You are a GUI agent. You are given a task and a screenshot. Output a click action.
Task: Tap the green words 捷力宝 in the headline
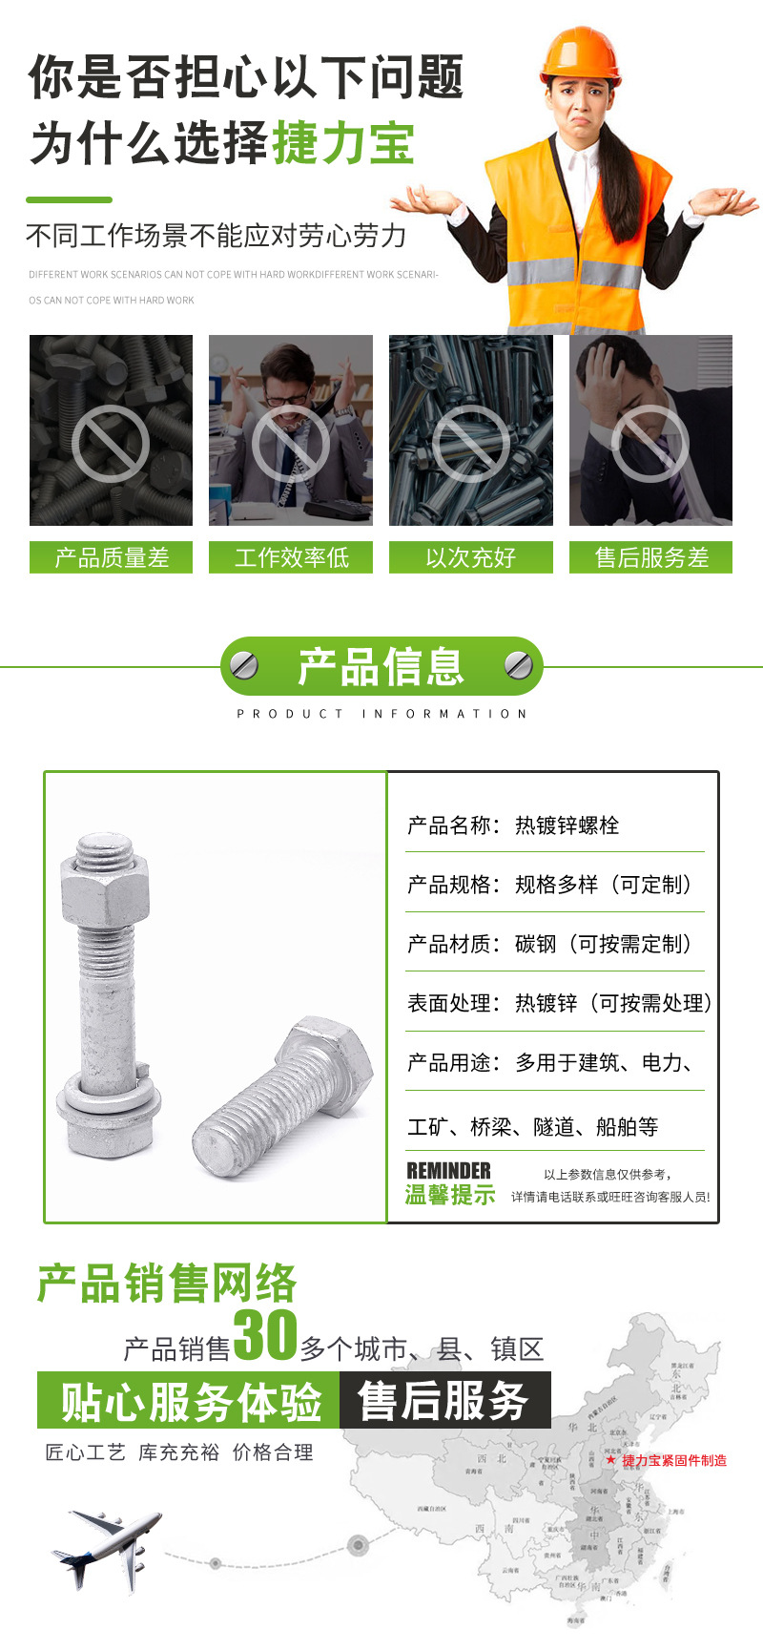click(344, 143)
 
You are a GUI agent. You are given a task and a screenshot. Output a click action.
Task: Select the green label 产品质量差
click(112, 557)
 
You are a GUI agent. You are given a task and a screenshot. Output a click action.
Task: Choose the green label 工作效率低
click(291, 557)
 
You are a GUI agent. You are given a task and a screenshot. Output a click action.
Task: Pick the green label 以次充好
click(471, 557)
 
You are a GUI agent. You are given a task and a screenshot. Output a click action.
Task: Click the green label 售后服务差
click(651, 557)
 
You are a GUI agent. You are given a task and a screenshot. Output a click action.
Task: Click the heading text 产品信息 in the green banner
click(381, 666)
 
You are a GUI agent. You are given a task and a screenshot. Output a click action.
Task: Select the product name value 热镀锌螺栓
click(567, 825)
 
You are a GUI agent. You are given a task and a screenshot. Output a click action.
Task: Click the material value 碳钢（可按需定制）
click(603, 944)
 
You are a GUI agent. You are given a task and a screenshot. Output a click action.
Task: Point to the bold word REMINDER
click(448, 1170)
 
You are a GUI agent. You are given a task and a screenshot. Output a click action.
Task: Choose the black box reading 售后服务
click(444, 1401)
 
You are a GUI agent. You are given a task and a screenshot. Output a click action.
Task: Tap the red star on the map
click(610, 1460)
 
